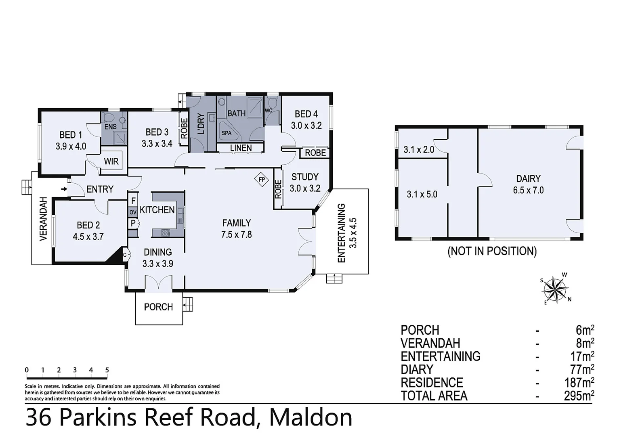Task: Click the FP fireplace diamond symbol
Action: (x=262, y=179)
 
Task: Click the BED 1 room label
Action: (x=71, y=135)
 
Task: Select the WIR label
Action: (x=111, y=161)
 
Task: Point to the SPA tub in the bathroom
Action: (x=227, y=133)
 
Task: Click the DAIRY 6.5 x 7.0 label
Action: (x=528, y=184)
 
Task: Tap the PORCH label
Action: (x=158, y=307)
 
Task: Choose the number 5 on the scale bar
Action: (x=107, y=370)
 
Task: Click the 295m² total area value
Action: (x=579, y=396)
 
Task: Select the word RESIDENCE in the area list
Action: (x=432, y=382)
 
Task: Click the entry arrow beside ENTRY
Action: (x=64, y=189)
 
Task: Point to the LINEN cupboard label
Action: (x=241, y=148)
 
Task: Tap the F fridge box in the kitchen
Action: (x=133, y=200)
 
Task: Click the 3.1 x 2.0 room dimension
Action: (x=419, y=150)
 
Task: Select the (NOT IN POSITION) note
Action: (x=492, y=251)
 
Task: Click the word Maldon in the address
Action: (x=311, y=417)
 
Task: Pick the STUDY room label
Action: (x=305, y=177)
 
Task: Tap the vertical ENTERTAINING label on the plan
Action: (x=342, y=233)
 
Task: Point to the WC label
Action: (x=269, y=110)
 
